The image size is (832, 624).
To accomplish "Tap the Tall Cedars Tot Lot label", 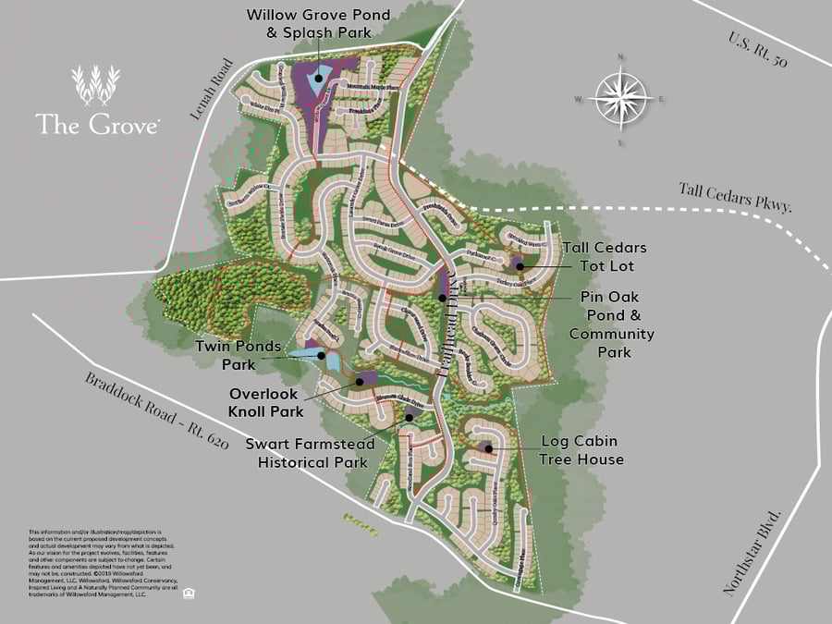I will coord(605,257).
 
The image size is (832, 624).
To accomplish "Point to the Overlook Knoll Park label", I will coord(266,402).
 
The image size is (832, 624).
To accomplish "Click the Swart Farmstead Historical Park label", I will coord(310,453).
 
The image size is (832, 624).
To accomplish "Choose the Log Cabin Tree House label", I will coord(581,450).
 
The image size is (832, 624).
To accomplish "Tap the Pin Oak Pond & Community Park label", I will coord(618,324).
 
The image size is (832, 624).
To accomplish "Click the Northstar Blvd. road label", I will coord(753,551).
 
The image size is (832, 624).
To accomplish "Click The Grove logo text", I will coord(97,125).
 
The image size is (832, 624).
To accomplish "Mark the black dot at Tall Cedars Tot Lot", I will coord(520,266).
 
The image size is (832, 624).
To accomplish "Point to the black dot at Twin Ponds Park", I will coord(321,354).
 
